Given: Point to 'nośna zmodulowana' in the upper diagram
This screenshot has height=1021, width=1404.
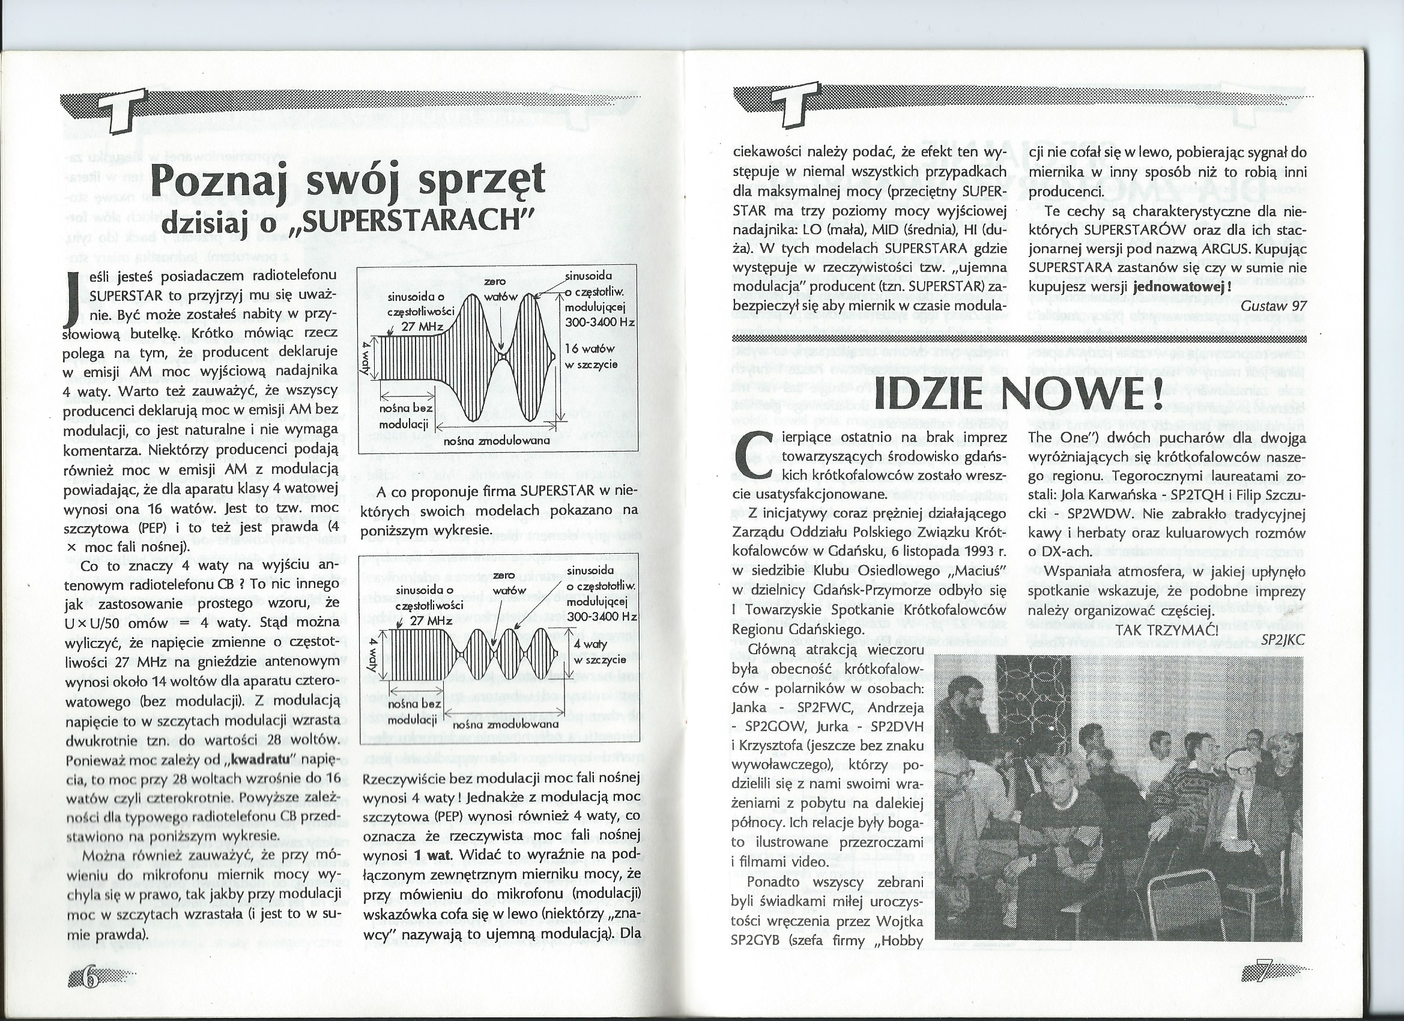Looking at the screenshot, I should tap(497, 441).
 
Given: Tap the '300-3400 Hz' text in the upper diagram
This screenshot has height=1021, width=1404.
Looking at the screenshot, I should tap(600, 323).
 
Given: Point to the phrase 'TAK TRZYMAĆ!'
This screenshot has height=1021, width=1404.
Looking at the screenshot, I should tap(1166, 629).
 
